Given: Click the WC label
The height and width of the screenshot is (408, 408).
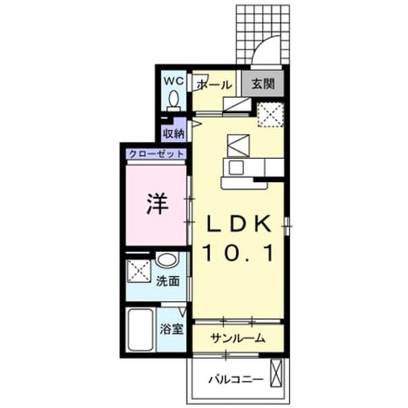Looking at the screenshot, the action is (x=174, y=81).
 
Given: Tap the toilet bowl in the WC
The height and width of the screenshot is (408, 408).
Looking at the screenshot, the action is (x=174, y=99).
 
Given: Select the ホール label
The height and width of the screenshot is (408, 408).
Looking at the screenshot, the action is (x=214, y=85).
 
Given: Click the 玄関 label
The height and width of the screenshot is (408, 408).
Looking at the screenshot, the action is (x=263, y=84).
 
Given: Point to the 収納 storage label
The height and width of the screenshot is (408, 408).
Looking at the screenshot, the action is (x=174, y=134).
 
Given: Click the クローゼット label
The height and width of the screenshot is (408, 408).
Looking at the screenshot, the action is (x=156, y=154).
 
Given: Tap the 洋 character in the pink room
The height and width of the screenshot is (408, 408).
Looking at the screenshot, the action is (x=157, y=204).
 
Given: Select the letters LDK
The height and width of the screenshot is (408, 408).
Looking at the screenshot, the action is (x=238, y=225).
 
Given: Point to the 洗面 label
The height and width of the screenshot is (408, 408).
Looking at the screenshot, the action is (x=168, y=281).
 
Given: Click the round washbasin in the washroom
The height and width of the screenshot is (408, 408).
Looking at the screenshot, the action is (x=167, y=259).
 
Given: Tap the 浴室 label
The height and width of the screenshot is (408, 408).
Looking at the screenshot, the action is (x=172, y=329).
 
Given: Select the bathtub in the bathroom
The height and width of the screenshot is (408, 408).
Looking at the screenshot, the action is (x=140, y=330).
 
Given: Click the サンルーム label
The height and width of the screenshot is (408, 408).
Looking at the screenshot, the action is (x=238, y=338).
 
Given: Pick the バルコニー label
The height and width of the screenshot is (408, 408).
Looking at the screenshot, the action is (x=236, y=380).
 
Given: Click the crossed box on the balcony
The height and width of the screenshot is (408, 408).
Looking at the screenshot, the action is (x=276, y=373).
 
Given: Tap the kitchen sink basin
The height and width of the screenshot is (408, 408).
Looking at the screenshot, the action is (x=236, y=168).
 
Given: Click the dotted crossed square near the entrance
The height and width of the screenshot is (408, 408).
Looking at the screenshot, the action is (x=270, y=115).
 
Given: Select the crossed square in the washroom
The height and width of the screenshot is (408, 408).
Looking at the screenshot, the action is (x=139, y=271).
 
